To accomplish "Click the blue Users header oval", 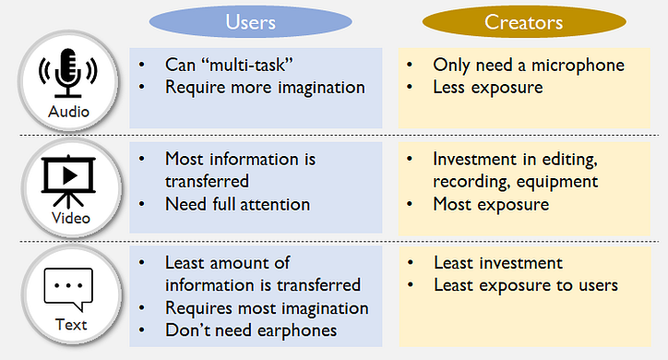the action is (x=251, y=22).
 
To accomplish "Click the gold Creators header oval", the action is (x=524, y=22).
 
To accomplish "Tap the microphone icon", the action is (x=67, y=73).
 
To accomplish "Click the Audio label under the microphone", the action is (x=68, y=112).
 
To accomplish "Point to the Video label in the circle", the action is (x=71, y=218).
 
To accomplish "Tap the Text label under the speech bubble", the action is (x=71, y=325).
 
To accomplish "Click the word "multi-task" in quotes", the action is (x=247, y=66).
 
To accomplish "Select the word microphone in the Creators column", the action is (x=578, y=66).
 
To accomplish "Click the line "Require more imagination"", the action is (x=265, y=88).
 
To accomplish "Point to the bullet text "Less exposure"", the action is (x=488, y=88).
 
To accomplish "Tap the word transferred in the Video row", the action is (x=207, y=182).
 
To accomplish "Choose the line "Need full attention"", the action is (x=237, y=205).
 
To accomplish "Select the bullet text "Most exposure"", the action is (x=491, y=205).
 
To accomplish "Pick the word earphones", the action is (x=297, y=331).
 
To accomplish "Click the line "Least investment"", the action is (x=498, y=263).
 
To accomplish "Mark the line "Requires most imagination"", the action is (x=267, y=308).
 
